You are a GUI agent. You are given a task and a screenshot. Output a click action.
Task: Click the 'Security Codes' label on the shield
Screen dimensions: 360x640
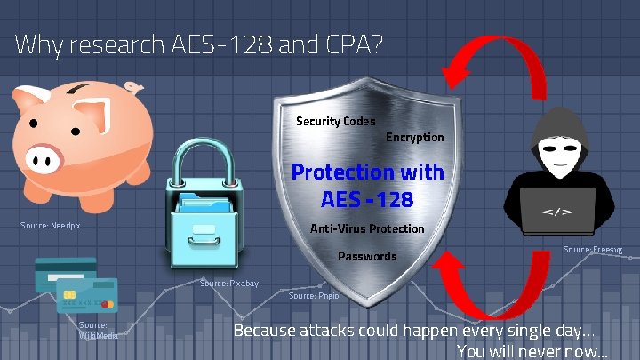pos(335,121)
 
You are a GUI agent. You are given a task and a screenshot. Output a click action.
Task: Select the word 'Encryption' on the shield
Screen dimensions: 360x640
pos(414,137)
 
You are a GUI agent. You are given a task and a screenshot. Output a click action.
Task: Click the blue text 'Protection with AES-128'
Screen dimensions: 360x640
pos(367,185)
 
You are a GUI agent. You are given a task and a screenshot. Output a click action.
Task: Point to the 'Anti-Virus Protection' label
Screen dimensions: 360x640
pos(366,229)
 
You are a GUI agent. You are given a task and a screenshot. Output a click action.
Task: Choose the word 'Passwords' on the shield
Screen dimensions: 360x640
pos(368,256)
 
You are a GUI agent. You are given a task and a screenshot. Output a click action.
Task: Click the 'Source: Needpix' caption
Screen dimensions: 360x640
pos(51,226)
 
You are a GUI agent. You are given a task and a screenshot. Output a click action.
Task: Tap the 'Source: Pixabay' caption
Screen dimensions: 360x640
pos(229,283)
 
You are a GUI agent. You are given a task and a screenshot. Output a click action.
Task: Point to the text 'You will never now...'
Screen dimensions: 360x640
pos(532,350)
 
